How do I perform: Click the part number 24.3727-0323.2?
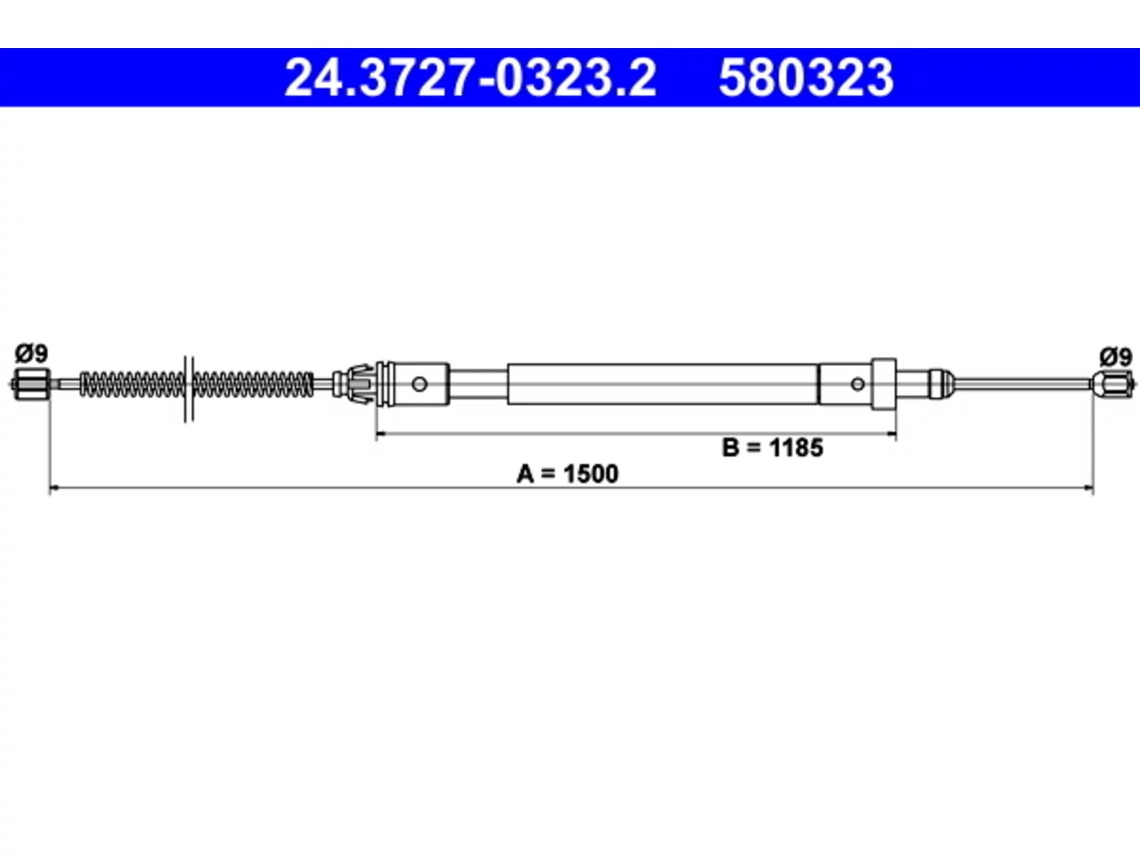(x=470, y=77)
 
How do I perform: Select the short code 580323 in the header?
(x=806, y=77)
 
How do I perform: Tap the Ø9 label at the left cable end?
(x=31, y=354)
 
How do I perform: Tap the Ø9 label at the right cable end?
(x=1115, y=357)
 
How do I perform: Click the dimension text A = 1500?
(x=567, y=474)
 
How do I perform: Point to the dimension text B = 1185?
(x=772, y=447)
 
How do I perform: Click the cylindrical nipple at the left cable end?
(x=32, y=384)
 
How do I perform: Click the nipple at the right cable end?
(x=1113, y=385)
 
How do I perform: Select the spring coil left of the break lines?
(x=132, y=385)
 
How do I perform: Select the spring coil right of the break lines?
(x=254, y=385)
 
